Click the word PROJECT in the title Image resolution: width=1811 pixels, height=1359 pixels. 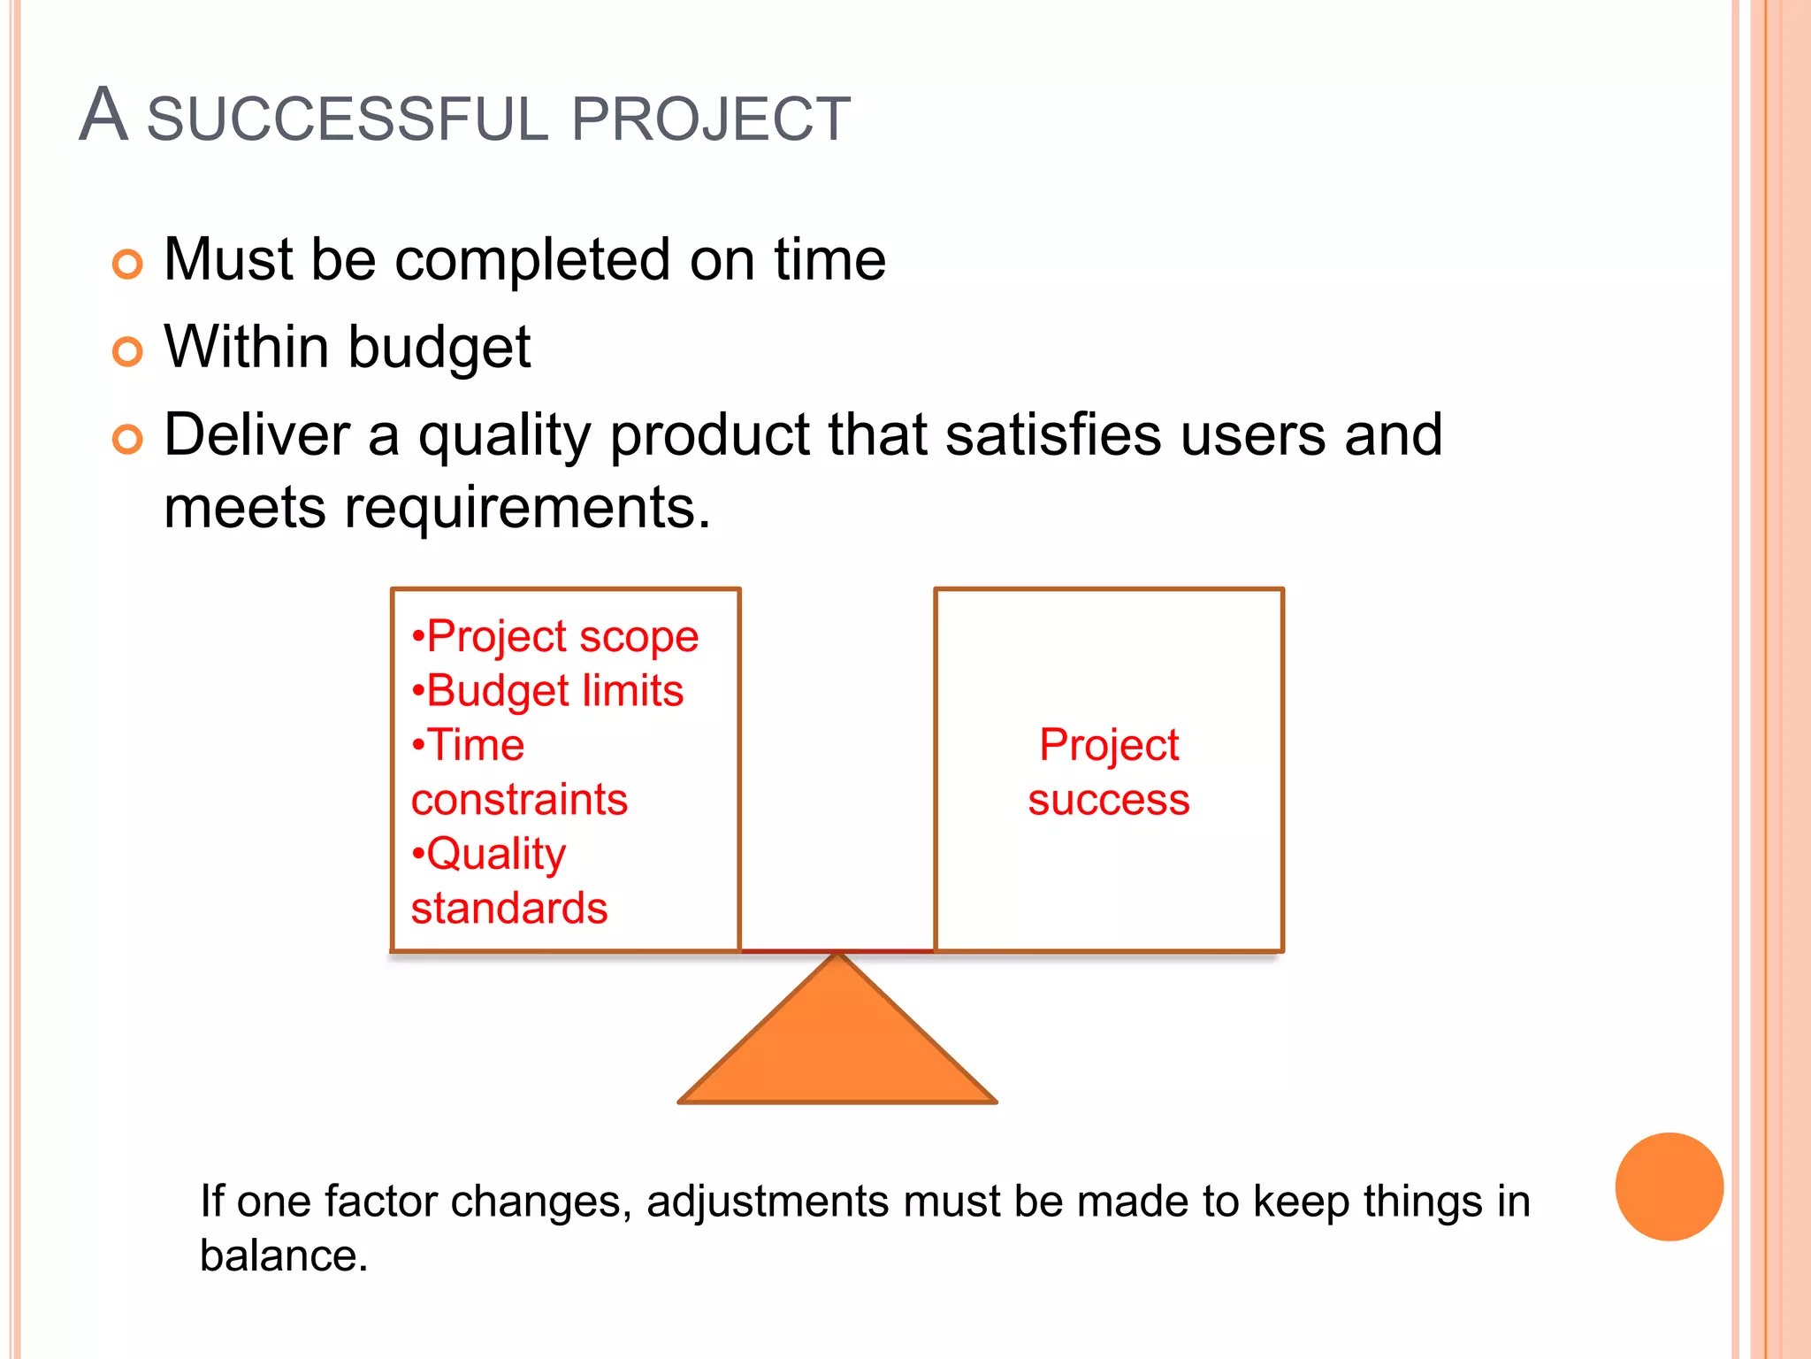pyautogui.click(x=711, y=119)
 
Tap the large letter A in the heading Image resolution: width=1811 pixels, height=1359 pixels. pyautogui.click(x=103, y=115)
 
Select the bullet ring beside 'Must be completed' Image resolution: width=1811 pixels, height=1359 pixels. pyautogui.click(x=128, y=264)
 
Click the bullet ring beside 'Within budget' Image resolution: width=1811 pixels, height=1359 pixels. pyautogui.click(x=128, y=351)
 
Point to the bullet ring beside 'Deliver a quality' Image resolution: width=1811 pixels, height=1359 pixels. pyautogui.click(x=128, y=439)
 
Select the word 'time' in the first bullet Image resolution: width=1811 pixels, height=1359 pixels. pyautogui.click(x=829, y=260)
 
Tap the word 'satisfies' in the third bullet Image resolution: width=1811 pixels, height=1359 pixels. pyautogui.click(x=1052, y=435)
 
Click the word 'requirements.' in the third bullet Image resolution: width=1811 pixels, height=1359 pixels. pyautogui.click(x=527, y=509)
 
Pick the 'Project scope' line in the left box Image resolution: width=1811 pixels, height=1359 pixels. pyautogui.click(x=555, y=637)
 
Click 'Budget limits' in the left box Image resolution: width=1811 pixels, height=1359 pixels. pyautogui.click(x=548, y=691)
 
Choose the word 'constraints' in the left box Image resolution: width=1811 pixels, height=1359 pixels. pyautogui.click(x=519, y=800)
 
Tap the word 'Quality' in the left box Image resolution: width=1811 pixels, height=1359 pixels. pyautogui.click(x=495, y=855)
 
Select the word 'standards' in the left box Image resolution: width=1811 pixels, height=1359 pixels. pyautogui.click(x=509, y=909)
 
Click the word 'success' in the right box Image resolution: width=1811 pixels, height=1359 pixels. pyautogui.click(x=1108, y=800)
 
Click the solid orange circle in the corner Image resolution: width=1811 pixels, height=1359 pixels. pyautogui.click(x=1669, y=1186)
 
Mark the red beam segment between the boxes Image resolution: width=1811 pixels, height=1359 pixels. pyautogui.click(x=837, y=951)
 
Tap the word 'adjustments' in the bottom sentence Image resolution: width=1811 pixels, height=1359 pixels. pyautogui.click(x=768, y=1202)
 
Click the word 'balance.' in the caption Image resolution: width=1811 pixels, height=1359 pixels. pyautogui.click(x=283, y=1256)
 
